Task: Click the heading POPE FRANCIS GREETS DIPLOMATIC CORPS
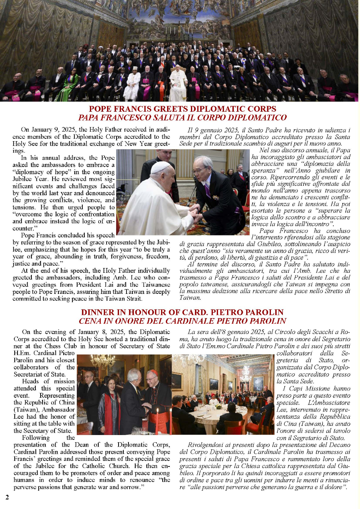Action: point(182,109)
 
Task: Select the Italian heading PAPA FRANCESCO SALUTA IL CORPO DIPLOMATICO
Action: point(182,118)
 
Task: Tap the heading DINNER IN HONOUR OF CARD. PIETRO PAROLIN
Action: point(182,313)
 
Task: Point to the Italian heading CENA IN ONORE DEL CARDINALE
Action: point(182,321)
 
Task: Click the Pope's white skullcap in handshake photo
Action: point(160,167)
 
